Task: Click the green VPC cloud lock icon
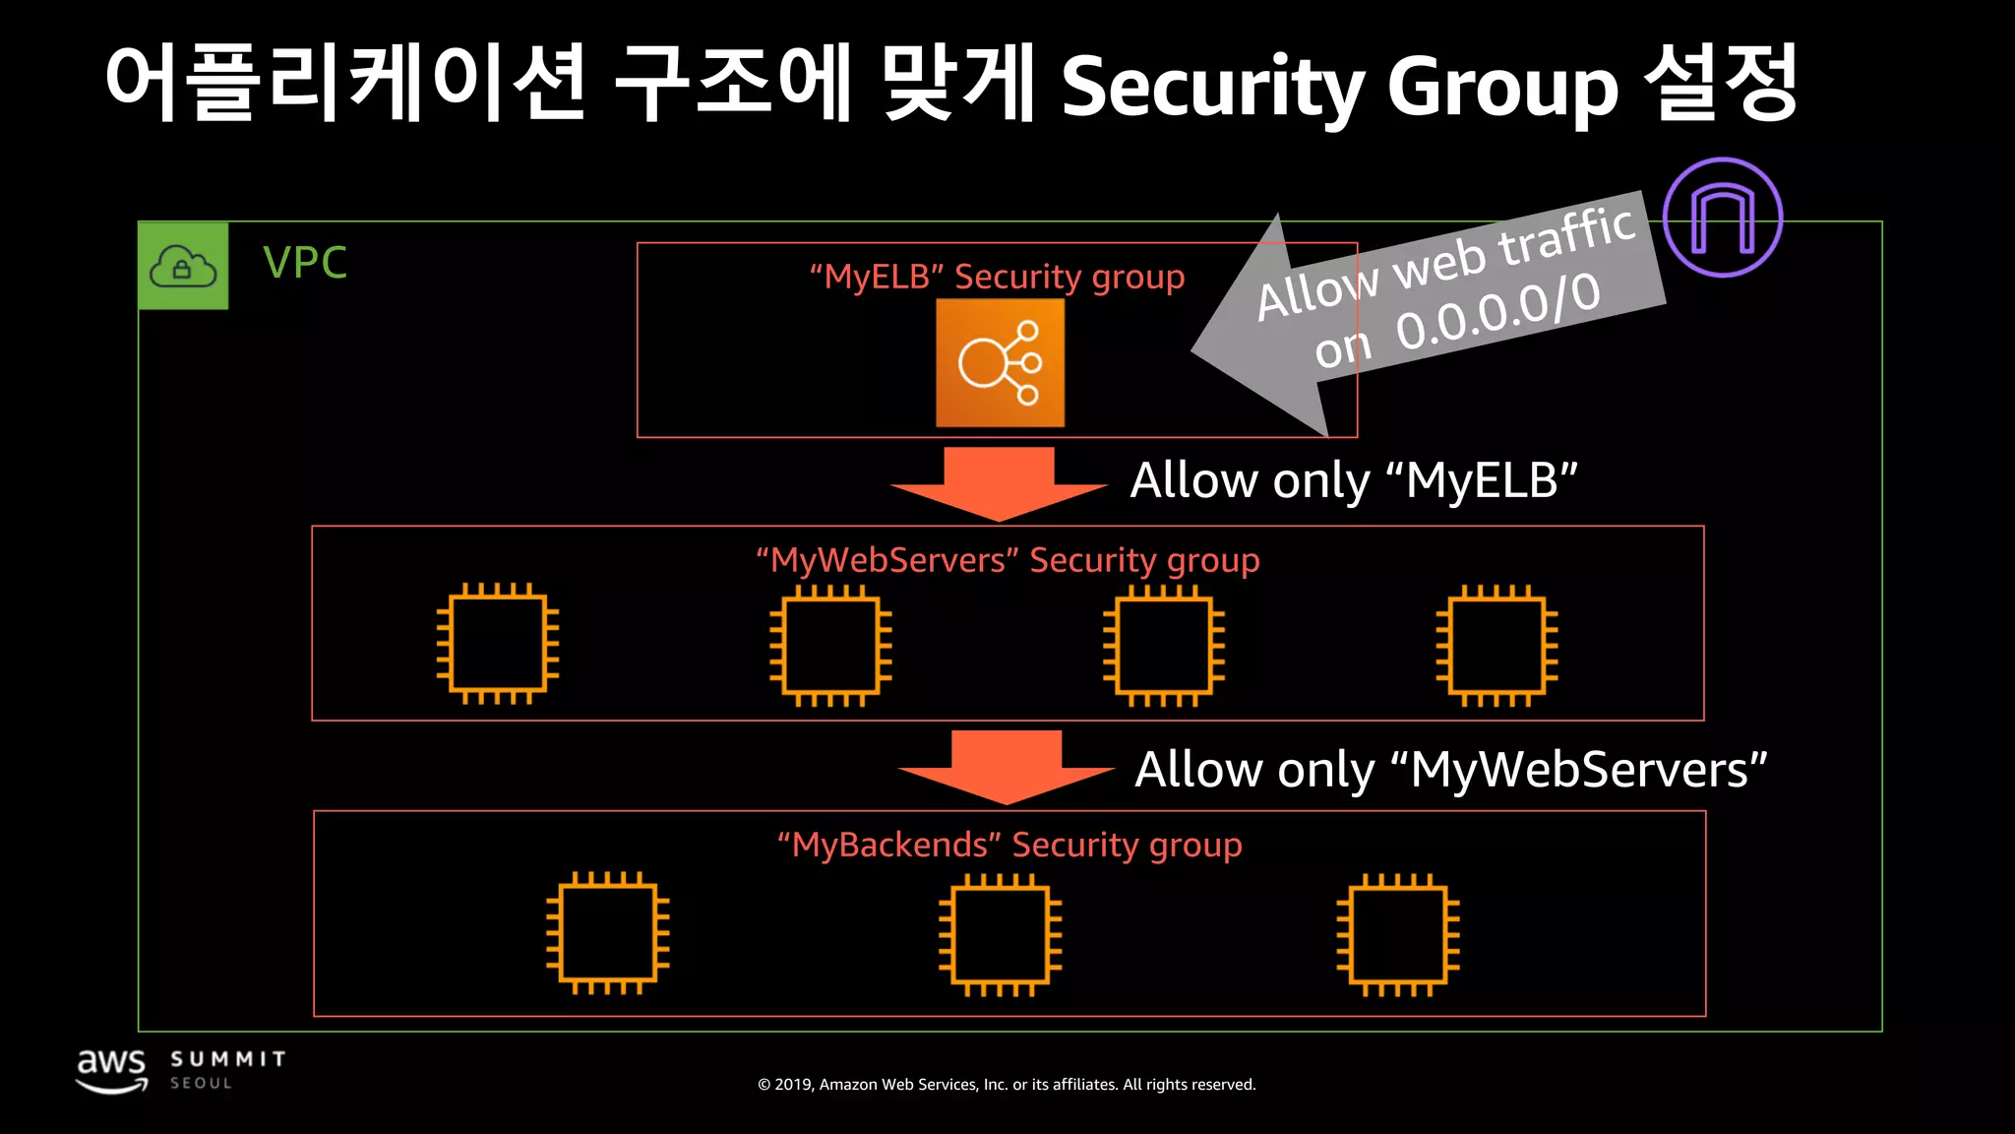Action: [x=183, y=266]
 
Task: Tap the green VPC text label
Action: [x=305, y=263]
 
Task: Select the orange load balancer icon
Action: [x=1000, y=363]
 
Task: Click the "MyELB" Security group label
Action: [x=997, y=277]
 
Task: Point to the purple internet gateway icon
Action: [x=1722, y=217]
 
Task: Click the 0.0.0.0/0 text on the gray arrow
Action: [x=1497, y=313]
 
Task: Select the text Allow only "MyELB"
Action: [x=1353, y=480]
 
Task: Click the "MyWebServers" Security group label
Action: [x=1007, y=560]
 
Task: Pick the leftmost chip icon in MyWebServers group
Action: [x=498, y=644]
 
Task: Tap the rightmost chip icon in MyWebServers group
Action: [x=1496, y=646]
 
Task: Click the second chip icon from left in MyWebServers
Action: [x=830, y=646]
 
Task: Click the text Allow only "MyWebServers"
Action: [x=1450, y=769]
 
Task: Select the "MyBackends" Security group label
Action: [x=1009, y=845]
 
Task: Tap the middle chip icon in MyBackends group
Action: [x=1000, y=934]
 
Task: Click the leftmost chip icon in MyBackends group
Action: [x=608, y=932]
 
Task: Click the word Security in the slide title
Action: [x=1212, y=87]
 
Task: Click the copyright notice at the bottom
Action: [x=1007, y=1084]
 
